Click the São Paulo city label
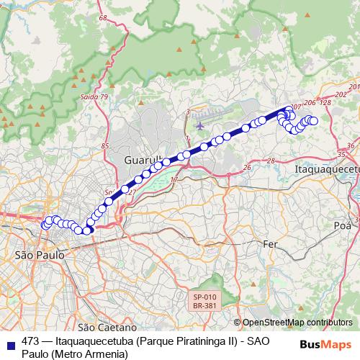tap(40, 255)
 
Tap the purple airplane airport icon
tap(199, 126)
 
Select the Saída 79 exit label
tap(94, 96)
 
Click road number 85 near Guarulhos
tap(105, 146)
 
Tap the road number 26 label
tap(247, 167)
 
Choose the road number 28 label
tap(271, 160)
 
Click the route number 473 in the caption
tap(30, 342)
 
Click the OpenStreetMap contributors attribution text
tap(297, 322)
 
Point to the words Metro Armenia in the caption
tap(87, 354)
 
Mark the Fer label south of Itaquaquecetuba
tap(270, 244)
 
